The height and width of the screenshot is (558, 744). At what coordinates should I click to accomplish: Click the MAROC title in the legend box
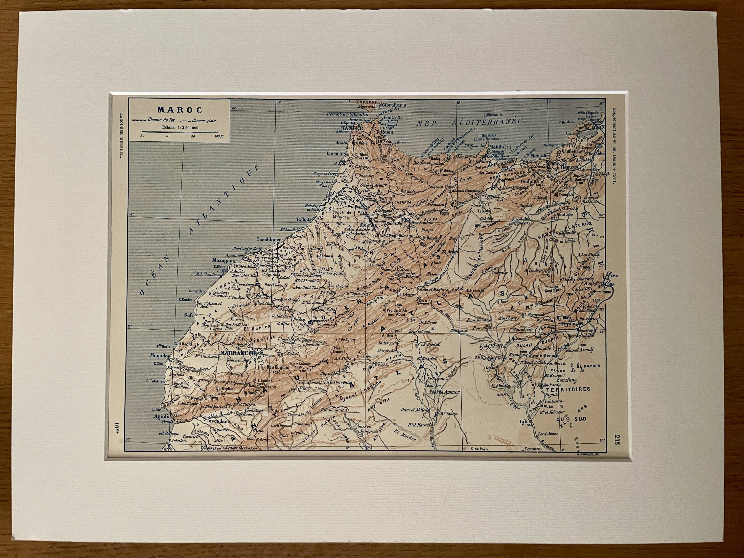pyautogui.click(x=179, y=110)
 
